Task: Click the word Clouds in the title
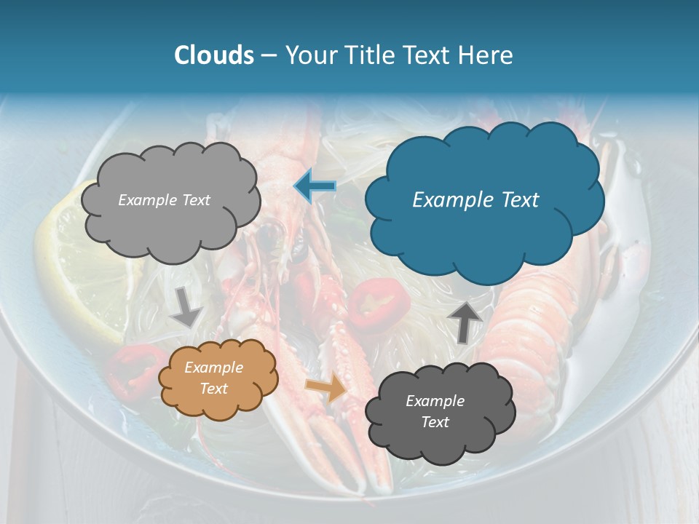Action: click(x=214, y=55)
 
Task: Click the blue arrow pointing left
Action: click(x=315, y=186)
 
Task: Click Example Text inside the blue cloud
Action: click(x=475, y=200)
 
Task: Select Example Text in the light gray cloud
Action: click(x=164, y=200)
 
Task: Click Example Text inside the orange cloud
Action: click(x=214, y=378)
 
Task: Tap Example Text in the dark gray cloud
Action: click(x=435, y=411)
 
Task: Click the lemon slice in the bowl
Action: click(x=80, y=269)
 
